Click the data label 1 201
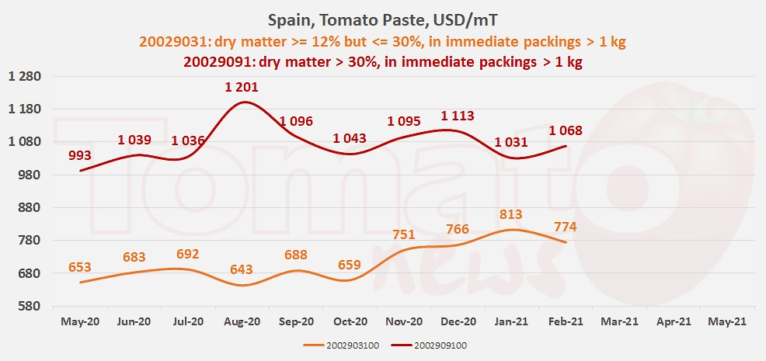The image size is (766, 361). tap(242, 88)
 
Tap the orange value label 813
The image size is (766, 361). tap(511, 214)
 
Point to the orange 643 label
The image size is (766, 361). tap(242, 269)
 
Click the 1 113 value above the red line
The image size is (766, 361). tap(458, 116)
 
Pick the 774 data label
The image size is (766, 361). tap(566, 227)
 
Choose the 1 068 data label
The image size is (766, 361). tap(566, 130)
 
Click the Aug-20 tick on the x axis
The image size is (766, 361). tap(242, 322)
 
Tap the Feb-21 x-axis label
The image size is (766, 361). tap(566, 322)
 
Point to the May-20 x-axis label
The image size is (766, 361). tap(79, 322)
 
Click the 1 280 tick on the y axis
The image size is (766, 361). tap(24, 77)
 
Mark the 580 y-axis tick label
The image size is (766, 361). tap(30, 307)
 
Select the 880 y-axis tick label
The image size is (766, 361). tap(30, 208)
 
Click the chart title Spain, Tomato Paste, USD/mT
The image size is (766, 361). tap(382, 21)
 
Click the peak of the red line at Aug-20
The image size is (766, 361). tap(243, 102)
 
